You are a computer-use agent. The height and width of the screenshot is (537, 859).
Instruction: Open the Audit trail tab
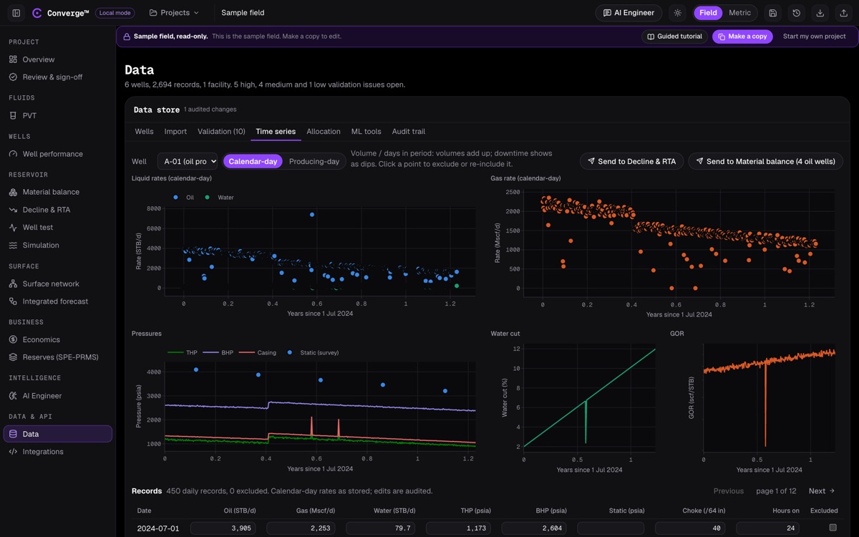point(409,132)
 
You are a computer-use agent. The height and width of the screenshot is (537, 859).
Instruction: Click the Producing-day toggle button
point(314,162)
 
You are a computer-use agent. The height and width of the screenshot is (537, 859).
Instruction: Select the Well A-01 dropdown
point(188,162)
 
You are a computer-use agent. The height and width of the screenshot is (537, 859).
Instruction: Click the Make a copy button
point(742,37)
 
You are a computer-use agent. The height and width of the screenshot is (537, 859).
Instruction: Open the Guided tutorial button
point(674,37)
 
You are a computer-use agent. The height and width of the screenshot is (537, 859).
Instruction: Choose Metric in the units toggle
point(739,13)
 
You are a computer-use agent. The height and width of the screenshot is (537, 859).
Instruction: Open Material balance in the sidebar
point(51,192)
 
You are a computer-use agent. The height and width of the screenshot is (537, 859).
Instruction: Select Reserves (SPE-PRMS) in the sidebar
point(60,357)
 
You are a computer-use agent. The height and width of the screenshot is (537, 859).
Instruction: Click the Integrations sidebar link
point(42,452)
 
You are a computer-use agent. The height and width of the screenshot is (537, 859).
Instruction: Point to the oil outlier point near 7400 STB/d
point(312,215)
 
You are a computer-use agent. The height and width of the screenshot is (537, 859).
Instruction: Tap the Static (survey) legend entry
point(314,352)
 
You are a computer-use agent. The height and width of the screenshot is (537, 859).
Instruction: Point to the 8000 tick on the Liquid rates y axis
point(154,208)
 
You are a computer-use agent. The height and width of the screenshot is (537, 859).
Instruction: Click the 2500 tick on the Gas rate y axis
point(513,192)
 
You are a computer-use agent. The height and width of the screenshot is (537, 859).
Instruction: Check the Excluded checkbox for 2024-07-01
point(833,528)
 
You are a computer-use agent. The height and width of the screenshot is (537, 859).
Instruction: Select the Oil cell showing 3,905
point(223,528)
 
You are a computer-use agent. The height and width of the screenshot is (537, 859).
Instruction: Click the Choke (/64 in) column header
point(704,511)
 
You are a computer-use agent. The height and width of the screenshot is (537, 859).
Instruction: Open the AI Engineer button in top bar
point(629,13)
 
